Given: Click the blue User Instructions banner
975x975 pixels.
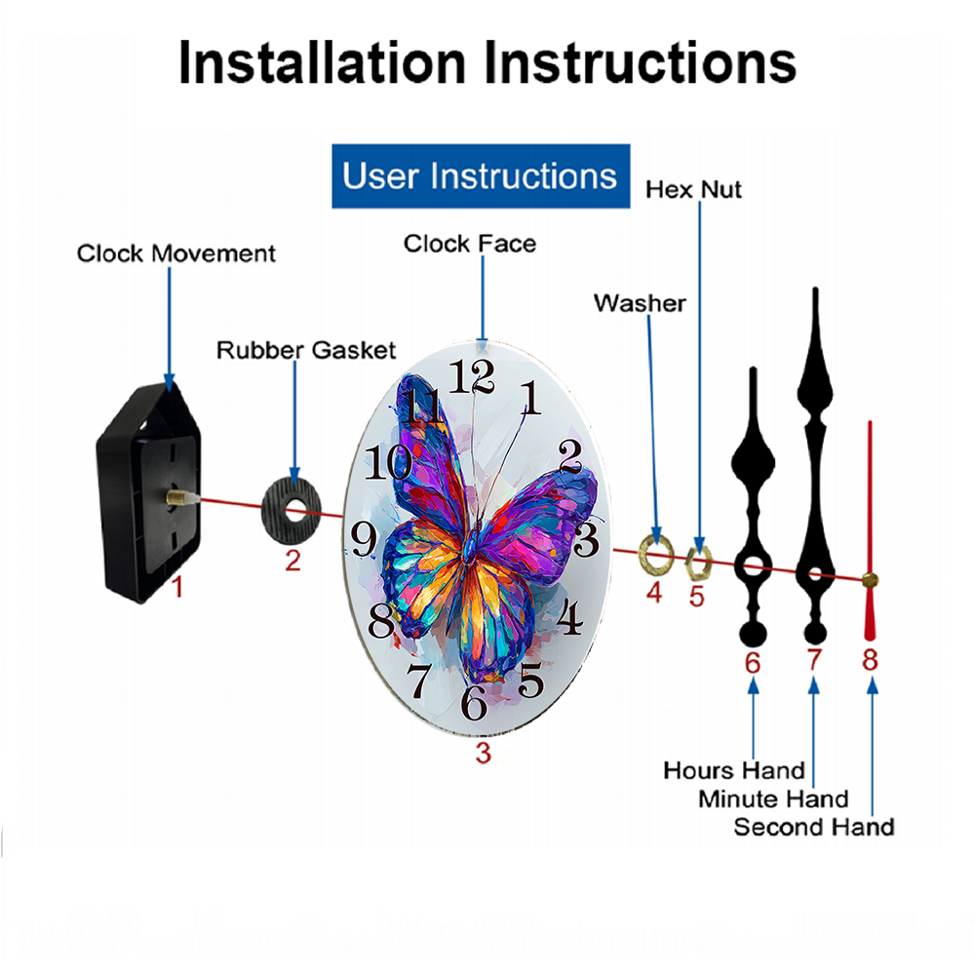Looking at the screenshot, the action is click(x=481, y=175).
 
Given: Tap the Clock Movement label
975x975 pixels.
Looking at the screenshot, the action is click(x=175, y=253).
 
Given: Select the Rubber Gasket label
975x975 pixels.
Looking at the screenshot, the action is click(x=306, y=350).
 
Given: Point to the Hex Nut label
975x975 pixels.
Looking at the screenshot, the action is click(x=693, y=190).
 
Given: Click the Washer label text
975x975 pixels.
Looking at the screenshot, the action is click(x=640, y=303).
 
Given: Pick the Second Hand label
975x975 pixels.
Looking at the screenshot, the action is click(x=814, y=827).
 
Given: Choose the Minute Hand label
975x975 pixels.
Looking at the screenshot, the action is click(x=773, y=799).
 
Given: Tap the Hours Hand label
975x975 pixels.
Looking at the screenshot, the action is click(x=734, y=770).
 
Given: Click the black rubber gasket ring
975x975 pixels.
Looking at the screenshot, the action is click(x=291, y=511).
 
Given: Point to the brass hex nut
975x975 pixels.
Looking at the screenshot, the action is click(x=698, y=563).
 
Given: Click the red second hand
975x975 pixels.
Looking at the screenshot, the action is click(x=870, y=530).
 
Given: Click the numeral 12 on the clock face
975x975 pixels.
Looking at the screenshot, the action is click(x=472, y=376).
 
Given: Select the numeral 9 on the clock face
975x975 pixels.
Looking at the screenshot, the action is click(x=364, y=538).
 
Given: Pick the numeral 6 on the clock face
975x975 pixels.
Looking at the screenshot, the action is click(x=474, y=703).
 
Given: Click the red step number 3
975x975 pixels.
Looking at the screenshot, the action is click(x=484, y=753).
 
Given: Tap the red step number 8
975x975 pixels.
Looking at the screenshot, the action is click(x=870, y=660).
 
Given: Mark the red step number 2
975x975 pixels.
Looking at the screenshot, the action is click(x=292, y=561).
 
